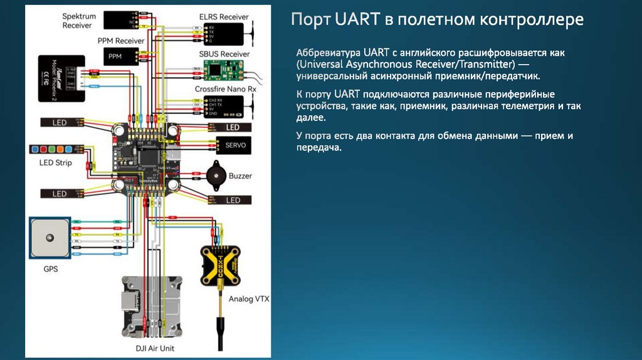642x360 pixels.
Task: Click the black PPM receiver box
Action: pyautogui.click(x=115, y=56)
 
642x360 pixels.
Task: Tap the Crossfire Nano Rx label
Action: pyautogui.click(x=226, y=89)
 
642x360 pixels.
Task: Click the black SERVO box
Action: pyautogui.click(x=234, y=146)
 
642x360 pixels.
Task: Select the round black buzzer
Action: pyautogui.click(x=213, y=176)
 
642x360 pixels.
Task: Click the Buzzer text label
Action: pyautogui.click(x=240, y=176)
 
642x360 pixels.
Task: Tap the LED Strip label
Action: pyautogui.click(x=56, y=163)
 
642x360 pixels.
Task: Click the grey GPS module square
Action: pyautogui.click(x=48, y=239)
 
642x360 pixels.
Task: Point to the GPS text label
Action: pyautogui.click(x=50, y=270)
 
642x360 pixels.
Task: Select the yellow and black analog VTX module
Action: pyautogui.click(x=220, y=264)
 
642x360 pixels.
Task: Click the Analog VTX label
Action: pyautogui.click(x=249, y=299)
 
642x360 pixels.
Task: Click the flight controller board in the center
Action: pyautogui.click(x=145, y=157)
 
